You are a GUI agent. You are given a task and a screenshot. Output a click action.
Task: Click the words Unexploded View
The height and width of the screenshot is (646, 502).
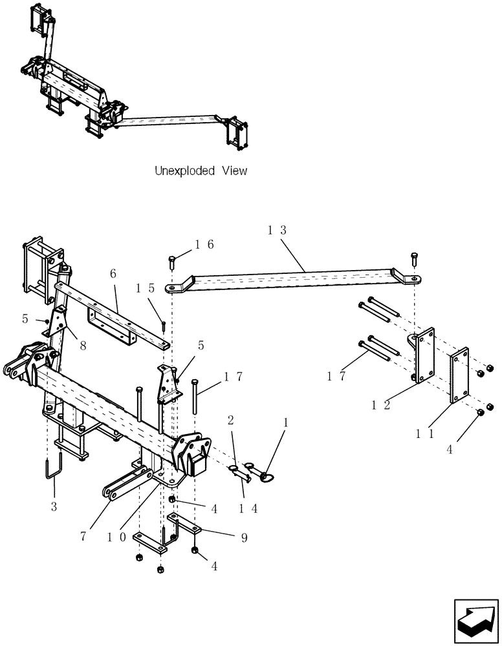(201, 171)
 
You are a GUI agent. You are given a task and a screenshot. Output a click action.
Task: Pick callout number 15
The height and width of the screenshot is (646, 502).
(146, 288)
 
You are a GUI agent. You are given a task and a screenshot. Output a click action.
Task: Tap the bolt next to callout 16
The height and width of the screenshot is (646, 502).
(173, 261)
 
